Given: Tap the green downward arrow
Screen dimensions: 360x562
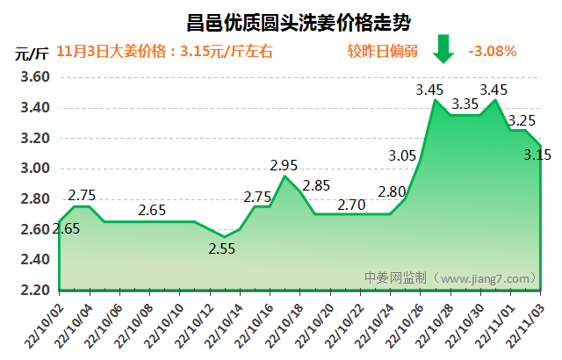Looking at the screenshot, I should click(443, 49).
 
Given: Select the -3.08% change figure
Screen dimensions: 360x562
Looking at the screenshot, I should click(492, 50).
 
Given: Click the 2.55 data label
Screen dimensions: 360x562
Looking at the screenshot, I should click(223, 248).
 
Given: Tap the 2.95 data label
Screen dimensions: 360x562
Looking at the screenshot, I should click(285, 164).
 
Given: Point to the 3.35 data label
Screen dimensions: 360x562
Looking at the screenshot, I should click(465, 104).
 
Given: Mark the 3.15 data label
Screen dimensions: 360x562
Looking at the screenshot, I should click(537, 155).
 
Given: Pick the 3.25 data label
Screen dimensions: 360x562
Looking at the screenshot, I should click(522, 120).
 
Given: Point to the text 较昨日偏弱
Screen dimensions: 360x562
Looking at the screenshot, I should click(382, 50).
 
